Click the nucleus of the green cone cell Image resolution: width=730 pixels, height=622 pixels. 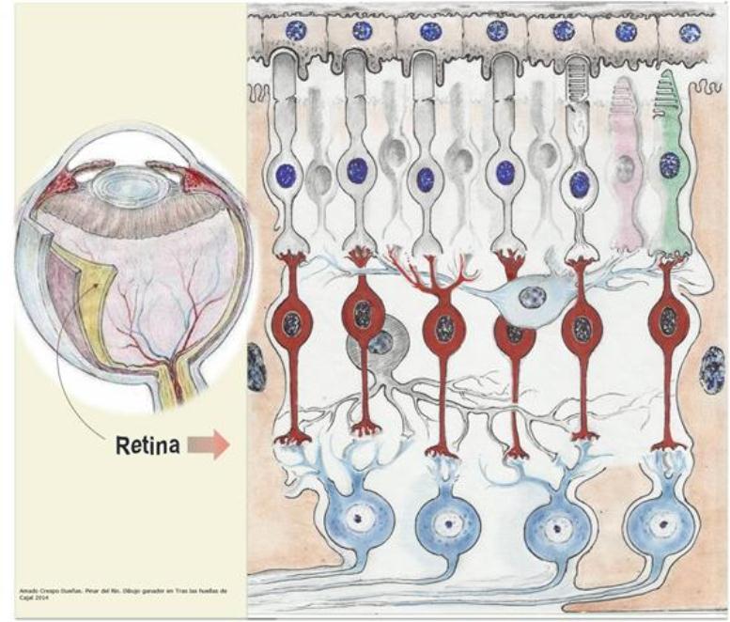click(x=670, y=165)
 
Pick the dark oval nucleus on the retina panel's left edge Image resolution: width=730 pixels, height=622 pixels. click(x=256, y=367)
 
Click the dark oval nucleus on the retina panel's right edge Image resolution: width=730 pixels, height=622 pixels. click(x=713, y=368)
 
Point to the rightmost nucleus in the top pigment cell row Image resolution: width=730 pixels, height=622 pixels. click(x=690, y=33)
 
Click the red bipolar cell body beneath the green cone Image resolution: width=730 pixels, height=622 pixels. click(x=668, y=323)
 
